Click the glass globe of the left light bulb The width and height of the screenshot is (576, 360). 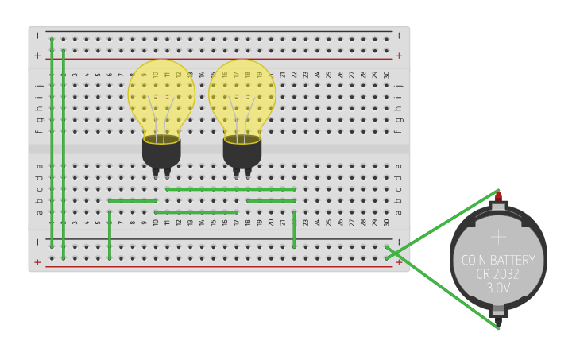(161, 94)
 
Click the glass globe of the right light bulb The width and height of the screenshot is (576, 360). (242, 94)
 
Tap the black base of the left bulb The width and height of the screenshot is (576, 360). (161, 153)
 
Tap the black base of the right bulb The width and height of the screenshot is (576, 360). (242, 153)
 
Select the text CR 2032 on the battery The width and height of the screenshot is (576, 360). (497, 274)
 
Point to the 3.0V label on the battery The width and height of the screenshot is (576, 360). (497, 288)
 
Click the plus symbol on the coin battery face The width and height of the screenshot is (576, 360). (498, 237)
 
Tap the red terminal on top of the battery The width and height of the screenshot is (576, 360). (498, 196)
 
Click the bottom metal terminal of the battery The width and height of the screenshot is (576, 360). (498, 312)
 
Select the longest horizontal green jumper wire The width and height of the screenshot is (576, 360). (230, 189)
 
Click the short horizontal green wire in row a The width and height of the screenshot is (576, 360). (195, 212)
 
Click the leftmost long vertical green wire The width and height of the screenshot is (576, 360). (52, 143)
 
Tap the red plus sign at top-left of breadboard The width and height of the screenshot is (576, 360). (37, 56)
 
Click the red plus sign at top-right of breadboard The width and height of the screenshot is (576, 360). (399, 56)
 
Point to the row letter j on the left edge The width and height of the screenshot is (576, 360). (39, 86)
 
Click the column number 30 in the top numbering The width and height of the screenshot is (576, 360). (386, 75)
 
